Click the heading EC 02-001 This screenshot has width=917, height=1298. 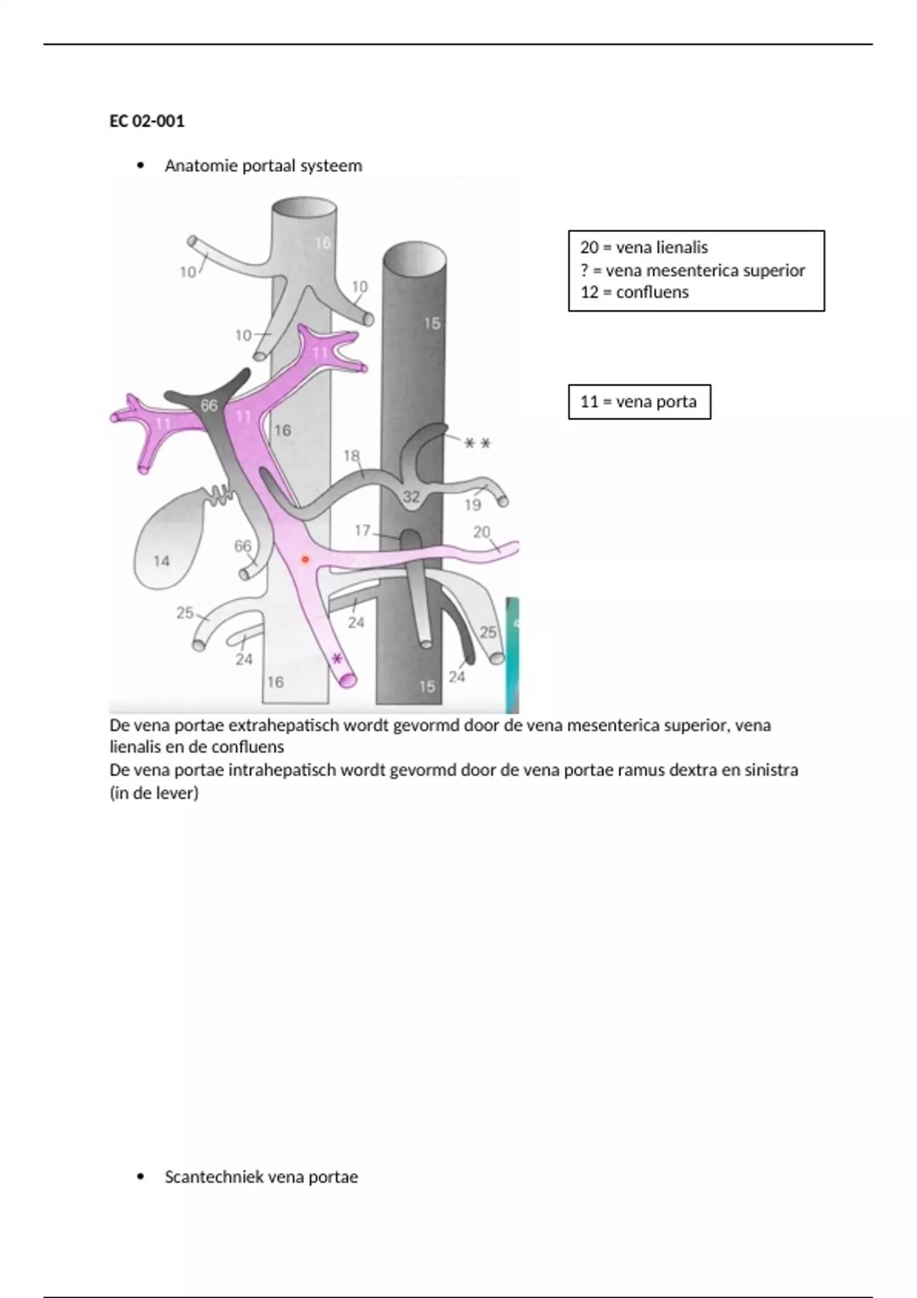147,121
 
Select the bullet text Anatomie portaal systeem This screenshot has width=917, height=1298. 263,166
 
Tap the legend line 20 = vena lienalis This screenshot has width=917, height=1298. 643,247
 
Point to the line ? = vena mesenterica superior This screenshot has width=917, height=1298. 692,270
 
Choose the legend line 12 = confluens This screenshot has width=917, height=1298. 634,292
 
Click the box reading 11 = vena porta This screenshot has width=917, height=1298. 639,402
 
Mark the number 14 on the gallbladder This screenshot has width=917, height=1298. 161,561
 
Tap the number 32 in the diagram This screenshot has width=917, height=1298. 411,497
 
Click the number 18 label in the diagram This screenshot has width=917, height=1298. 352,457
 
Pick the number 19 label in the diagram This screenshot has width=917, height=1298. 473,505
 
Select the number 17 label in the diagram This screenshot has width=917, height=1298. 362,530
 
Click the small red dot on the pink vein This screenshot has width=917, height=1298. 305,560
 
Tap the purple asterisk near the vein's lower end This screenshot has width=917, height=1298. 336,659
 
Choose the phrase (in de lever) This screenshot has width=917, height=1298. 154,793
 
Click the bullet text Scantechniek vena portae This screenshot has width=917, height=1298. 261,1177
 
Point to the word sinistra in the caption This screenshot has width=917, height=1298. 768,770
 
